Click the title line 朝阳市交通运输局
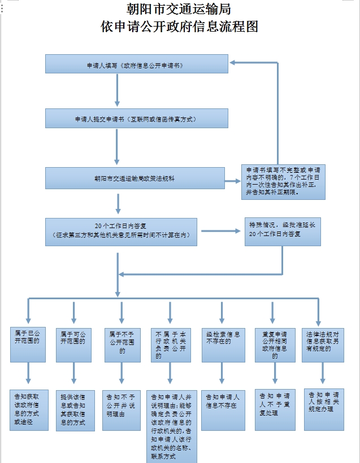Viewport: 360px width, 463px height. pyautogui.click(x=180, y=10)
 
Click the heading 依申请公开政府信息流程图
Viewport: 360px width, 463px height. pyautogui.click(x=180, y=26)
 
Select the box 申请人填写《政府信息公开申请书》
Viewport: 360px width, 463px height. pyautogui.click(x=136, y=64)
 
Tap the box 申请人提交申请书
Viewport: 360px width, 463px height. pyautogui.click(x=136, y=119)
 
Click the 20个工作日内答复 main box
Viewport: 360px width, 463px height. pyautogui.click(x=121, y=231)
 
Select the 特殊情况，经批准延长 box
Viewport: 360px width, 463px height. pyautogui.click(x=283, y=231)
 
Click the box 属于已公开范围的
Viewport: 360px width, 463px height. pyautogui.click(x=28, y=344)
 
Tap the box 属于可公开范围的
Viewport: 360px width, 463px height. pyautogui.click(x=73, y=344)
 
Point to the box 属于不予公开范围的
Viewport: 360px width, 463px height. pyautogui.click(x=122, y=344)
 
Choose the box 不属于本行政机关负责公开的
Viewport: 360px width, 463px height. pyautogui.click(x=170, y=344)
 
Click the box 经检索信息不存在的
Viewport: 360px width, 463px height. pyautogui.click(x=223, y=344)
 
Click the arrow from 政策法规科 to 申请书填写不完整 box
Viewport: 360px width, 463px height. pyautogui.click(x=232, y=181)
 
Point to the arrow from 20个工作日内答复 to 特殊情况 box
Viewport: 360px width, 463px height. pyautogui.click(x=220, y=231)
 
